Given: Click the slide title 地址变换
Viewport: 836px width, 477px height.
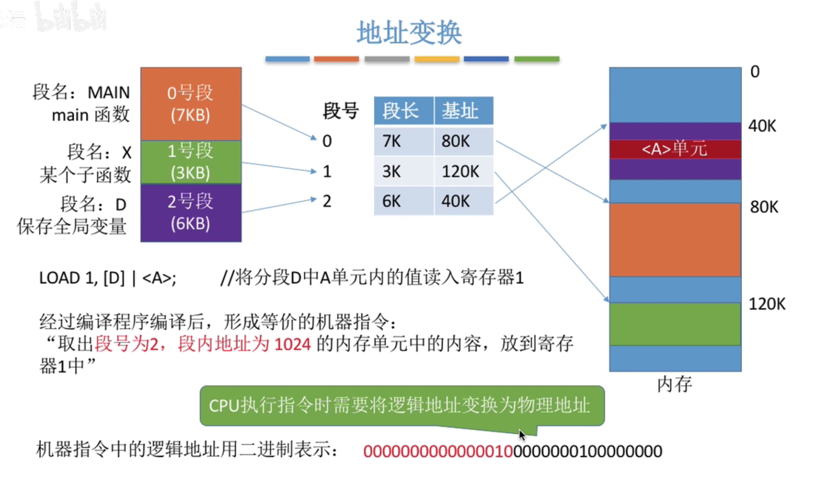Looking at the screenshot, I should (409, 33).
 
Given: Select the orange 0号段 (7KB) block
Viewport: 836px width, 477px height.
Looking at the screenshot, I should (190, 103).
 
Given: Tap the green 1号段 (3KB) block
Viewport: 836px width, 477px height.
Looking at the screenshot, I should (190, 162).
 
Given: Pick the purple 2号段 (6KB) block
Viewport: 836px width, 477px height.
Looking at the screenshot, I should (190, 213).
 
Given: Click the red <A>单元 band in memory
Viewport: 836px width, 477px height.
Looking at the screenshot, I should (675, 149).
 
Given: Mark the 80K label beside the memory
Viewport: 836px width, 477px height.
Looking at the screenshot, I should (764, 207).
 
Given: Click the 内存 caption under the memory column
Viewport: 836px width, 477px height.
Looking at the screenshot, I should (674, 384).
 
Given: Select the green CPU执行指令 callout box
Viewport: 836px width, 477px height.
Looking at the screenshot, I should (402, 405).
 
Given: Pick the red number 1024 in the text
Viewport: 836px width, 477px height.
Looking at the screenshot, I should (292, 344).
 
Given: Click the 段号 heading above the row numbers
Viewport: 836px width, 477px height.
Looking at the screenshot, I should (340, 111).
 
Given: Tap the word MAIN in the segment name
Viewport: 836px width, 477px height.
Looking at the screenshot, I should (109, 93).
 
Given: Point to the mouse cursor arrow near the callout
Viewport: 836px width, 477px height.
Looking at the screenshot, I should (521, 435).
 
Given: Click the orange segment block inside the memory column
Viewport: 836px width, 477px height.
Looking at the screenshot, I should (675, 239).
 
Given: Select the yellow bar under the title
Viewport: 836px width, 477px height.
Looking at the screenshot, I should (437, 59).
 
